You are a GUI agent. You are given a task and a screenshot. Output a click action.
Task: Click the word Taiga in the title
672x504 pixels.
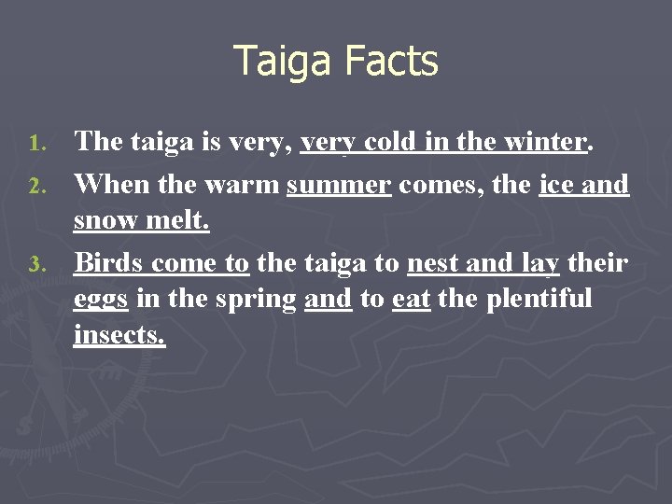point(283,63)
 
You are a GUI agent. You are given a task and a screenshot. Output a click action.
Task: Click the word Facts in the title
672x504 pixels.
point(391,62)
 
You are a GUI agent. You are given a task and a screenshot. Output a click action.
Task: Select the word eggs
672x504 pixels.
point(101,300)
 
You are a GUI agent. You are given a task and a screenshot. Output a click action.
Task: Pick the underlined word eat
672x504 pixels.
point(411,300)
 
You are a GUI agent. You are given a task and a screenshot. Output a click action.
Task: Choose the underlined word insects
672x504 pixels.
point(119,335)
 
